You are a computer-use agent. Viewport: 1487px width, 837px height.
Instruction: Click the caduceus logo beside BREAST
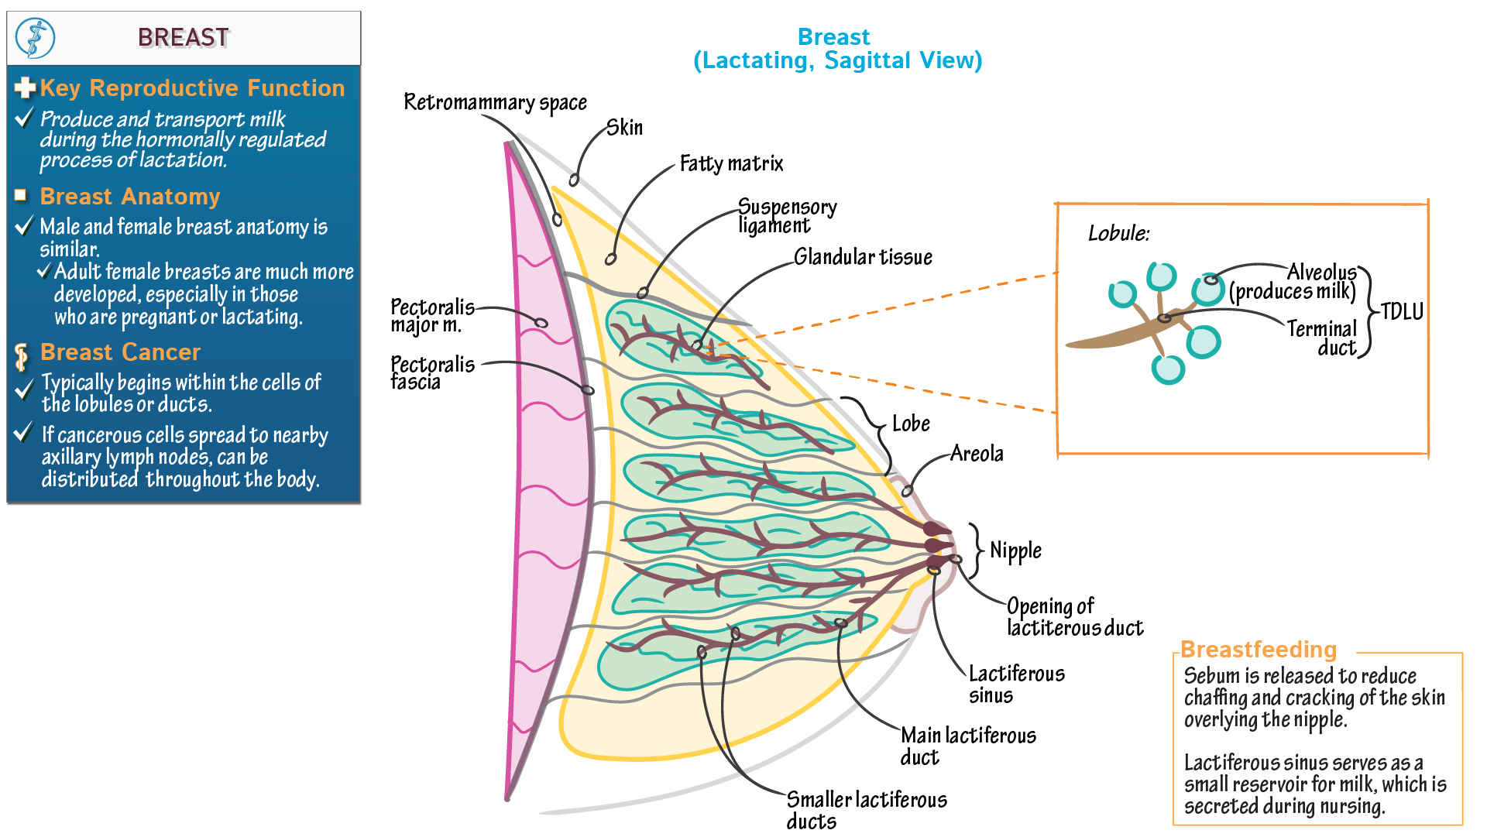pyautogui.click(x=36, y=38)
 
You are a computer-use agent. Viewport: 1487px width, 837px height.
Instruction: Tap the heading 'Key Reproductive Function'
pyautogui.click(x=192, y=88)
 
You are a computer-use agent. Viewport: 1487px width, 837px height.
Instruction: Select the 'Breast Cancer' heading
pyautogui.click(x=120, y=352)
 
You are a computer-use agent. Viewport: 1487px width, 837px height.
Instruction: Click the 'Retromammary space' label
pyautogui.click(x=495, y=103)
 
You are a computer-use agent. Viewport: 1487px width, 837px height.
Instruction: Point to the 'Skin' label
pyautogui.click(x=624, y=128)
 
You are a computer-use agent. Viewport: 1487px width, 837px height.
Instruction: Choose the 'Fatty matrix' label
pyautogui.click(x=731, y=164)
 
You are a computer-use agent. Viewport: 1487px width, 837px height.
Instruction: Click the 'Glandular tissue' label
pyautogui.click(x=863, y=257)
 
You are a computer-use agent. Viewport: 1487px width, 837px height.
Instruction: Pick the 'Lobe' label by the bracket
pyautogui.click(x=911, y=424)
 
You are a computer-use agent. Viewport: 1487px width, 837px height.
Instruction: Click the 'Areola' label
pyautogui.click(x=977, y=454)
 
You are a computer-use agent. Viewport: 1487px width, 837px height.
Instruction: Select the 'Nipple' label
pyautogui.click(x=1015, y=551)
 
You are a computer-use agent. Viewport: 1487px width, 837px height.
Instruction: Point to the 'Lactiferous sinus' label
pyautogui.click(x=1016, y=684)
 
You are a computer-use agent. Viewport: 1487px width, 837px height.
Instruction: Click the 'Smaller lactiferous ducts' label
pyautogui.click(x=866, y=810)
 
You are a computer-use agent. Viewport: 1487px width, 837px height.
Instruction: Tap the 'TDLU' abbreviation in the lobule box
pyautogui.click(x=1402, y=312)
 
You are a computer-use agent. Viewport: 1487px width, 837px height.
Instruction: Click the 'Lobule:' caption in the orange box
pyautogui.click(x=1118, y=233)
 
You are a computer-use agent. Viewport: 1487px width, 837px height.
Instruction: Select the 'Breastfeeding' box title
pyautogui.click(x=1259, y=650)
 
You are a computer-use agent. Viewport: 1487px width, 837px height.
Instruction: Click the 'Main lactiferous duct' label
pyautogui.click(x=967, y=746)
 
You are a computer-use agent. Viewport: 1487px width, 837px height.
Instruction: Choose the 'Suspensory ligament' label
pyautogui.click(x=786, y=216)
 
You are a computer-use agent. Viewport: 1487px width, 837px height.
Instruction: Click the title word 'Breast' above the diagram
pyautogui.click(x=833, y=37)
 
